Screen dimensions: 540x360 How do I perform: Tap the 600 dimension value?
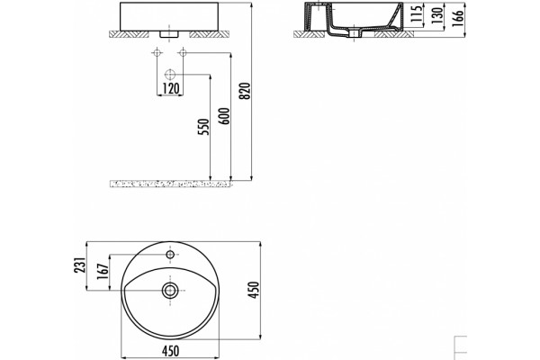[224, 116]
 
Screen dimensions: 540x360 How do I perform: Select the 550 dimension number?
[204, 127]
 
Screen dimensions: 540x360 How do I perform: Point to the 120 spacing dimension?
[171, 88]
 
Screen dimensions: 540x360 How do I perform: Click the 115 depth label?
[417, 14]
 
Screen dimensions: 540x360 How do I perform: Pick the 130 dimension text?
[436, 15]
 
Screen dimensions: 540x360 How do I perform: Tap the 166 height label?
[458, 18]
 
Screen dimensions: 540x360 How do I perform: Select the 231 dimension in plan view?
[79, 265]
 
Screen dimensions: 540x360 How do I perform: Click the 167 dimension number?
[103, 272]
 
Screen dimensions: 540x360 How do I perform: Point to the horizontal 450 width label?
[170, 351]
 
